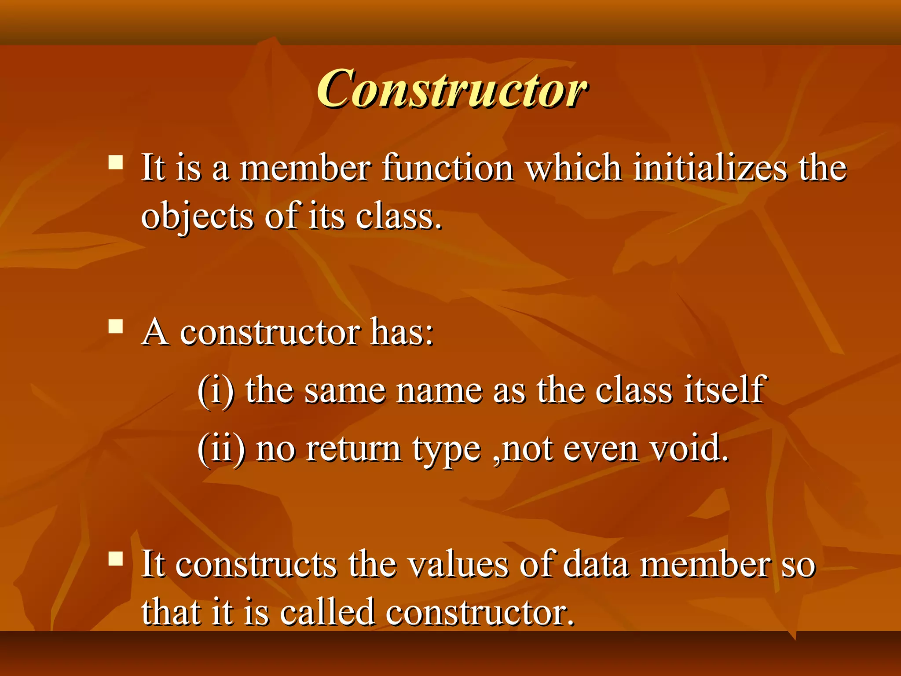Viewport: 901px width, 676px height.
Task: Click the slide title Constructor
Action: coord(451,89)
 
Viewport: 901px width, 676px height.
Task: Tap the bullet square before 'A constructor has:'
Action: coord(116,327)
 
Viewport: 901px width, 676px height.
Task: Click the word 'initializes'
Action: coord(710,168)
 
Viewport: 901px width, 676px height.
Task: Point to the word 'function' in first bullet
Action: coord(447,168)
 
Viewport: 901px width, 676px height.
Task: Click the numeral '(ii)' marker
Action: coord(221,449)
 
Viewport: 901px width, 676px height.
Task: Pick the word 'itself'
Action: coord(725,390)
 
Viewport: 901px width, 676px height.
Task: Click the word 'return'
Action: coord(353,449)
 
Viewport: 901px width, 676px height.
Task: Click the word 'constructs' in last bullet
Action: coord(256,565)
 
